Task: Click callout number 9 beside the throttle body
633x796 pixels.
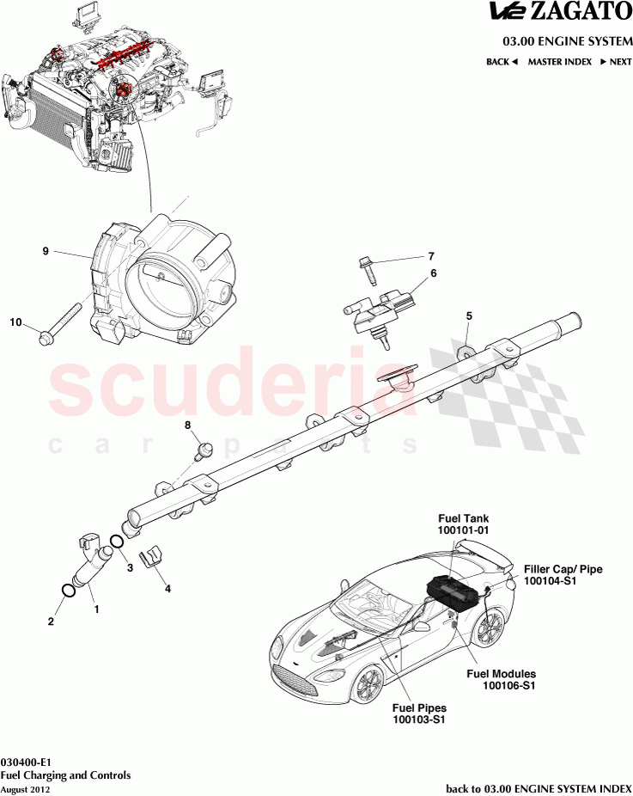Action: pos(46,251)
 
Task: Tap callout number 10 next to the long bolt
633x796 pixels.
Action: pos(15,322)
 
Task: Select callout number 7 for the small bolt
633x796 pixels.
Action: pos(431,256)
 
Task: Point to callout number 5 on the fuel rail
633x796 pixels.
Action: pos(469,315)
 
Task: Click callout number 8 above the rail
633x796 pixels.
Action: pos(188,425)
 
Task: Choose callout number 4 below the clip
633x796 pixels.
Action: pos(167,588)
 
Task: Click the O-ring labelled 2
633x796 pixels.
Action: pos(67,591)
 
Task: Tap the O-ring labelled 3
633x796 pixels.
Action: pos(116,542)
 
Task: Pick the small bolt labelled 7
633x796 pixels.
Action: pos(368,271)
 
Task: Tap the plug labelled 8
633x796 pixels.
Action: pos(204,450)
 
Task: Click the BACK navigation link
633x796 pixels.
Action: pos(502,62)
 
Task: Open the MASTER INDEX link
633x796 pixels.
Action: pos(559,62)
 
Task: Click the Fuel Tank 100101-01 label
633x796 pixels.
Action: pos(464,524)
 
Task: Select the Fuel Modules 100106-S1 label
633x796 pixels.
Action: pos(501,679)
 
